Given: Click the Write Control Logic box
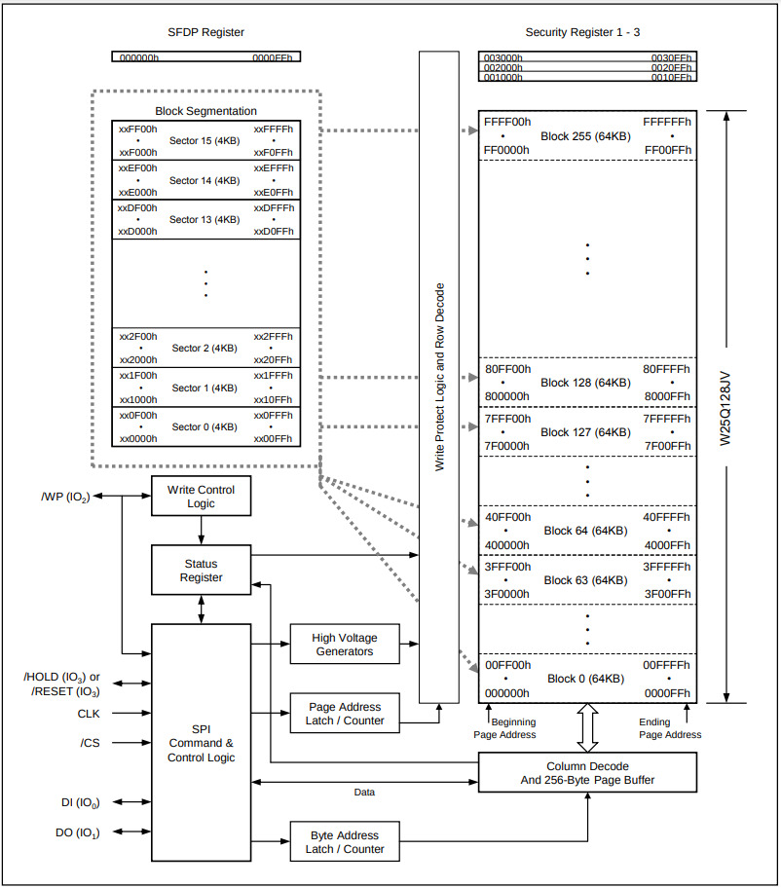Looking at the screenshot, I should (x=201, y=496).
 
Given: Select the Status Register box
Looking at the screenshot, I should (x=201, y=571).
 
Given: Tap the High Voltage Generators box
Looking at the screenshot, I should (x=344, y=645).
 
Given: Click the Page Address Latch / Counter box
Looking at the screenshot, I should (x=344, y=714).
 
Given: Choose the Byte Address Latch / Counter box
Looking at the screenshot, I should (x=344, y=842).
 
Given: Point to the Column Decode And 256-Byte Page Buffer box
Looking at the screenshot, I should (x=587, y=773).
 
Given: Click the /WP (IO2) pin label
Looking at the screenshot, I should (x=65, y=497).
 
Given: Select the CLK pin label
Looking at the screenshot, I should (x=89, y=714).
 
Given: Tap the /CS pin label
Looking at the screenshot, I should (x=91, y=745).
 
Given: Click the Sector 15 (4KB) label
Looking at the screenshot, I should (x=205, y=141).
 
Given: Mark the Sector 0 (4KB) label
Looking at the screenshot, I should (x=205, y=426).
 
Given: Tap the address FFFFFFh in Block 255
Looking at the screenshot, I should (x=667, y=123).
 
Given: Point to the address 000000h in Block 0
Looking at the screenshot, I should (x=506, y=693).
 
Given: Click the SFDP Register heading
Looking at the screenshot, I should (x=205, y=33).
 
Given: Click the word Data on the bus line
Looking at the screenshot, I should (x=364, y=793).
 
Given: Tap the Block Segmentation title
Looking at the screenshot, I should (x=205, y=112).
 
